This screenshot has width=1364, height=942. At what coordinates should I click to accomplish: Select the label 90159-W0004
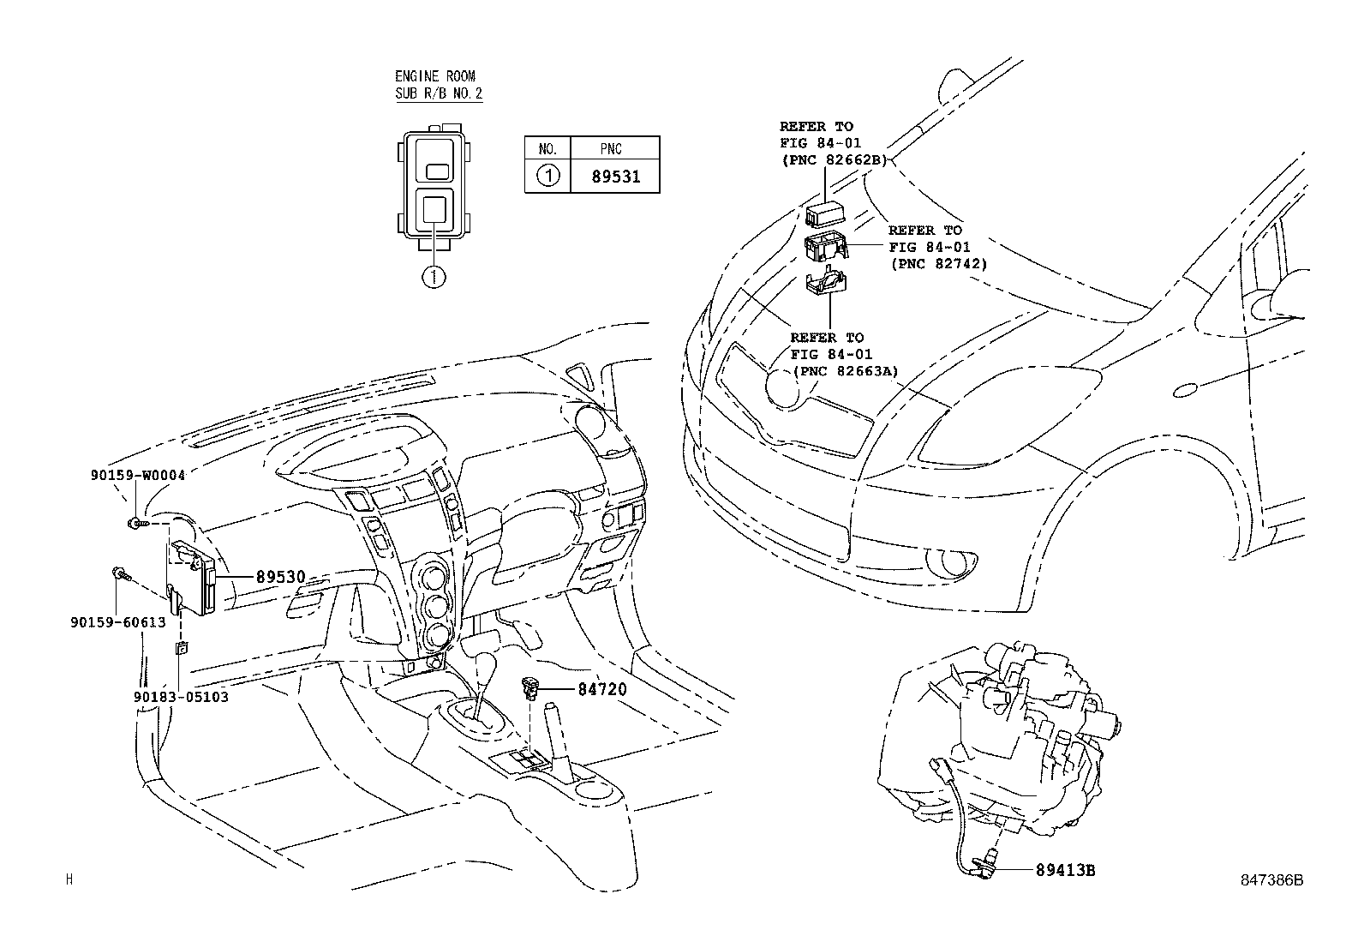coord(138,475)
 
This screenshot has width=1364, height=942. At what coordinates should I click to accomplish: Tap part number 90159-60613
coord(117,622)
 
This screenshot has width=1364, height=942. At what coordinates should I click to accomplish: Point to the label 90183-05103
coord(181,697)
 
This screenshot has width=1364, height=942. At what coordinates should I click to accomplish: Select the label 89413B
coord(1065,870)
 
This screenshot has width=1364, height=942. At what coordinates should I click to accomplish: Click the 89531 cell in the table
coord(615,177)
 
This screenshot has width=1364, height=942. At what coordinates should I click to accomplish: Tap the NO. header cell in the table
coord(547,149)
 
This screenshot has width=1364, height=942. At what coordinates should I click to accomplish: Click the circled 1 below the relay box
coord(435,276)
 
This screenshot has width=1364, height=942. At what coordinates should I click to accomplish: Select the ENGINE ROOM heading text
coord(435,76)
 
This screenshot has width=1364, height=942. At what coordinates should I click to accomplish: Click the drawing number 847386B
coord(1272,879)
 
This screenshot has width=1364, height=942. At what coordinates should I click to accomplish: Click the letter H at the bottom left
coord(70,879)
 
